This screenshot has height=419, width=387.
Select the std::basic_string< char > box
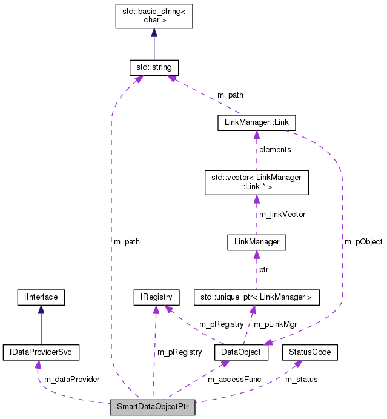pos(154,15)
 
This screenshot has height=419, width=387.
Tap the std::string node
pos(154,67)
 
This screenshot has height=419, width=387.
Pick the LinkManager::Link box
pos(256,122)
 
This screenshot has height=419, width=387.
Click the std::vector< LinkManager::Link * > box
pos(256,182)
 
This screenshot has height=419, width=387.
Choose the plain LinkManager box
pos(256,242)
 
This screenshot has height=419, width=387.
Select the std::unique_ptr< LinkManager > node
pos(256,297)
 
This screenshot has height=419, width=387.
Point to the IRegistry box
pos(156,297)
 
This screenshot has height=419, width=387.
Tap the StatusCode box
pos(309,352)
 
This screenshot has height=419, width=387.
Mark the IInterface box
pos(41,297)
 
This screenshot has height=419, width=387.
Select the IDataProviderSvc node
pos(41,352)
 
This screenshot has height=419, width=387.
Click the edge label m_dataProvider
pos(71,379)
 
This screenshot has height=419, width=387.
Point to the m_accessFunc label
pos(234,379)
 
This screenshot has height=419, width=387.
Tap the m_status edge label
pos(301,379)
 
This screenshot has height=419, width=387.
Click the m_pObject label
pos(363,241)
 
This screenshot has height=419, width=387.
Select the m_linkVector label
pos(282,214)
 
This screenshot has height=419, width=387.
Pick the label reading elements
pos(275,149)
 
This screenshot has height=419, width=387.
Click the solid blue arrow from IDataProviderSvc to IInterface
pos(41,324)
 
